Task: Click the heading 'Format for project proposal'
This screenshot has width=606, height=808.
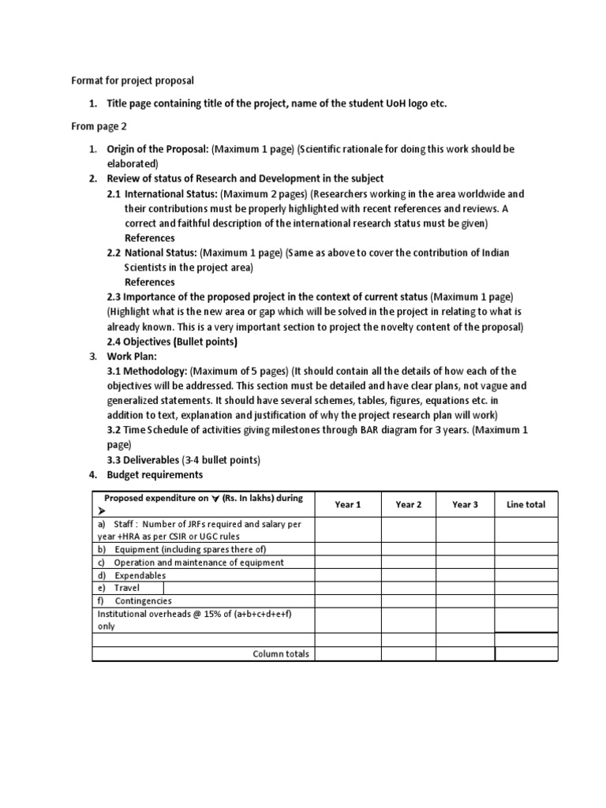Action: pos(133,80)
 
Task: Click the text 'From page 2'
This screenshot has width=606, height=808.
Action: pos(99,125)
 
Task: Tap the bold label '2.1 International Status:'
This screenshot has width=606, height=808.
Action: pos(163,193)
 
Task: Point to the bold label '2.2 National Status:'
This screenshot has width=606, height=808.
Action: pos(152,252)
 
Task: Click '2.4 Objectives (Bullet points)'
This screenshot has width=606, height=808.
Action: pos(172,342)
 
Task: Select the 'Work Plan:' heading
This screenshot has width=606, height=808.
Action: pos(133,357)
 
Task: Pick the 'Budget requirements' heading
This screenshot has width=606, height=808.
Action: pos(155,475)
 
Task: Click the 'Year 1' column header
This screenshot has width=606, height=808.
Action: pos(347,505)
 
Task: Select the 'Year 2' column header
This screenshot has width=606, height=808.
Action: pos(408,505)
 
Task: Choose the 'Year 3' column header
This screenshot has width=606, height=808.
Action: pos(465,505)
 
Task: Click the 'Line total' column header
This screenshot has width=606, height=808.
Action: pos(526,505)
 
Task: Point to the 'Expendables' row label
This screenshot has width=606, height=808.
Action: pos(140,575)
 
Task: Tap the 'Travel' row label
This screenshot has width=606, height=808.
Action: pos(126,588)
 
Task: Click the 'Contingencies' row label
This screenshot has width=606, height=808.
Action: pos(143,600)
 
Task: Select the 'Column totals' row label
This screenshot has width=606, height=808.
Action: pos(281,654)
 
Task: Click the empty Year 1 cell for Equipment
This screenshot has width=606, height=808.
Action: pos(347,549)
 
